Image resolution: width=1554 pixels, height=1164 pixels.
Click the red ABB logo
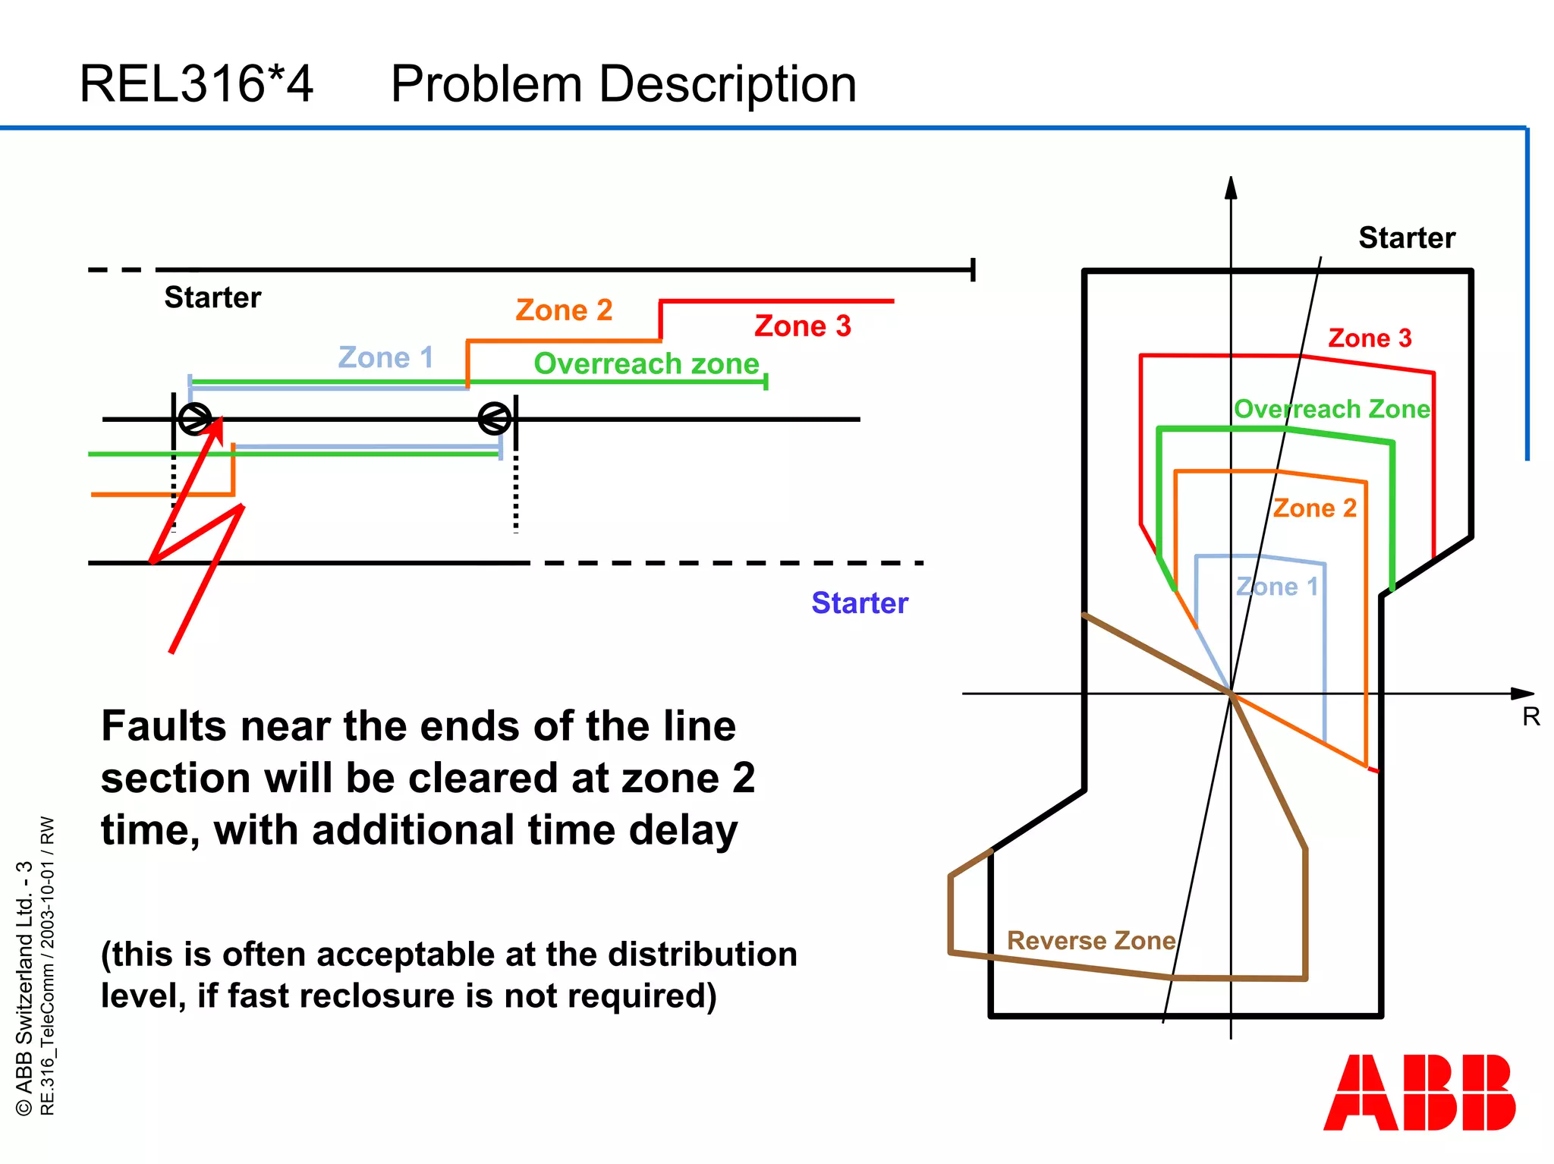(1419, 1092)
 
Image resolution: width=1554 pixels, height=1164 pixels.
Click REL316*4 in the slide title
(196, 83)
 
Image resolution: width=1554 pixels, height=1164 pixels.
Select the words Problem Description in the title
(623, 83)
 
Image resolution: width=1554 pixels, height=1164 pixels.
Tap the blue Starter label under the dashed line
(859, 603)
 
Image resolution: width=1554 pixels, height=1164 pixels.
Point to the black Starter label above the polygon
(1406, 238)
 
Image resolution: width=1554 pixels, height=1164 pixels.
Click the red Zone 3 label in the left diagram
(802, 326)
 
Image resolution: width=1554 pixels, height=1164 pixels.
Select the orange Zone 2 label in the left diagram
(563, 310)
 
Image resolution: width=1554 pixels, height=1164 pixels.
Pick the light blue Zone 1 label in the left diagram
(385, 357)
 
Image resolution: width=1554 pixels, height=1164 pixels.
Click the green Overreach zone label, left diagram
(646, 364)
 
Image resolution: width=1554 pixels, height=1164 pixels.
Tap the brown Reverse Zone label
(1090, 941)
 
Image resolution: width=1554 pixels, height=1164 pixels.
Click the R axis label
(1530, 717)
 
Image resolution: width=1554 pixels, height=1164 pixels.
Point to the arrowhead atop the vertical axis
(1231, 188)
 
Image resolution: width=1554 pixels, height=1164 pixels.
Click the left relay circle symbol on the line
(195, 419)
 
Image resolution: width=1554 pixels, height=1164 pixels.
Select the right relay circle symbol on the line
(495, 419)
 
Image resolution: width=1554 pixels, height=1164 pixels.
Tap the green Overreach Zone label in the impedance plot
(1332, 410)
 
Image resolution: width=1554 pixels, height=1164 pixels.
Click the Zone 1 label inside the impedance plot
(1277, 587)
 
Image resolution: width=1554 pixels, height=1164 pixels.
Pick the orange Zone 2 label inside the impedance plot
(1314, 508)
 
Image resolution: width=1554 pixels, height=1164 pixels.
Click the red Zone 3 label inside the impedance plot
(1370, 338)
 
